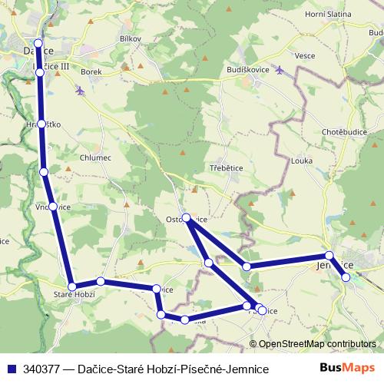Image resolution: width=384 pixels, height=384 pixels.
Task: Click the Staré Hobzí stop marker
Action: tap(71, 286)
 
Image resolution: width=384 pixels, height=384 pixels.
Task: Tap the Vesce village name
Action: tap(305, 55)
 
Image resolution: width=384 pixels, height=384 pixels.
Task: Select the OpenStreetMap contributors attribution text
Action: tap(316, 345)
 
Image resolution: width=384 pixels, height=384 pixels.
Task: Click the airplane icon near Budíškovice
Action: tap(279, 71)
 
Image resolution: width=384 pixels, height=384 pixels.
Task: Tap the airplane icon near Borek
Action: tap(81, 91)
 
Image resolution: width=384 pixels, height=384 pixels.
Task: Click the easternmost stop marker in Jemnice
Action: tap(346, 277)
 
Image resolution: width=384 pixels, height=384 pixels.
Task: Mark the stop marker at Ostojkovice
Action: tap(187, 218)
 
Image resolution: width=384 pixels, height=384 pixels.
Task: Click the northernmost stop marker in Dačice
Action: tap(38, 44)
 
